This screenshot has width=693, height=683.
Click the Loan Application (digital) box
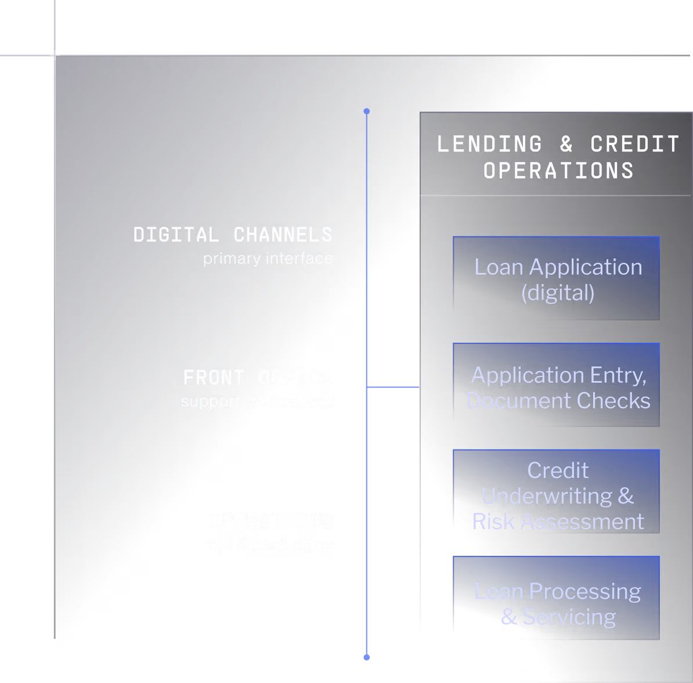pyautogui.click(x=556, y=279)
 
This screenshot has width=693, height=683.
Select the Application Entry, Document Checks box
pyautogui.click(x=556, y=386)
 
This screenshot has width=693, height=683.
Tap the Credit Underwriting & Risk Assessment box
pyautogui.click(x=556, y=493)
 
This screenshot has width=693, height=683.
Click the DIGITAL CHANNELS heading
pyautogui.click(x=233, y=235)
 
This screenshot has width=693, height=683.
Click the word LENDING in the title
pyautogui.click(x=490, y=144)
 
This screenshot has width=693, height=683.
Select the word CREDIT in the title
pyautogui.click(x=635, y=144)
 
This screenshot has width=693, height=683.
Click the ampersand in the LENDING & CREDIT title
pyautogui.click(x=566, y=144)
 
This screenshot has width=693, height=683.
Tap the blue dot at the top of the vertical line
pyautogui.click(x=366, y=111)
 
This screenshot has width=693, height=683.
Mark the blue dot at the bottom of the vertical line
pyautogui.click(x=366, y=657)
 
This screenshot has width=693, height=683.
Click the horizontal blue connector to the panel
pyautogui.click(x=393, y=386)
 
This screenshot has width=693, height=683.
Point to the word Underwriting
pyautogui.click(x=547, y=496)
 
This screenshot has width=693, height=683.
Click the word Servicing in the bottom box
pyautogui.click(x=569, y=617)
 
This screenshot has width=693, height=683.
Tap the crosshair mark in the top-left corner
pyautogui.click(x=55, y=55)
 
